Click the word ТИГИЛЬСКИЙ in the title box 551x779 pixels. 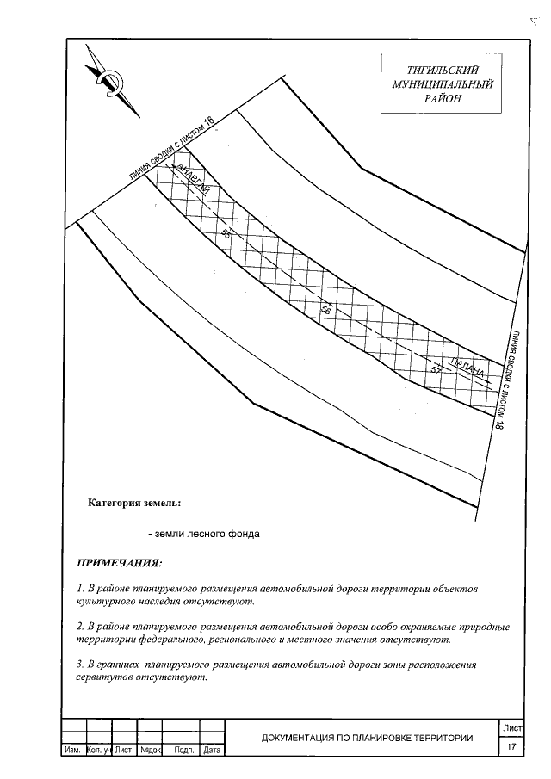coord(442,69)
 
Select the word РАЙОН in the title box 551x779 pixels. coord(442,99)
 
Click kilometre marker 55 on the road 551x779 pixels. coord(227,233)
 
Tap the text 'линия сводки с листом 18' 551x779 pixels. coord(508,380)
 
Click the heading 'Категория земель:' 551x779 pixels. coord(134,503)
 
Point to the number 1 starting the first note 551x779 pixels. coord(79,589)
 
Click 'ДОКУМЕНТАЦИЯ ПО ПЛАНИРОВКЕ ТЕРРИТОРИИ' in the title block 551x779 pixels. coord(368,737)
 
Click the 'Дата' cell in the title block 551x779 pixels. coord(212,751)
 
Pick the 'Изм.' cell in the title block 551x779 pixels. coord(71,751)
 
